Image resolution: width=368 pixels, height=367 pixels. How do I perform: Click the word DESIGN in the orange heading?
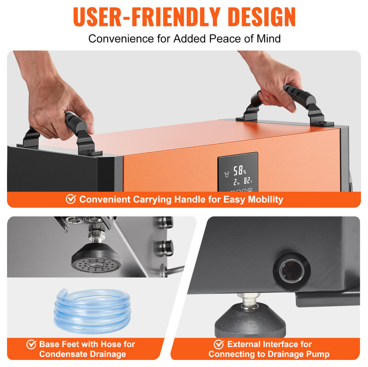click(x=261, y=17)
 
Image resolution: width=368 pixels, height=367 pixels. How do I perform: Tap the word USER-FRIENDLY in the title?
click(x=146, y=17)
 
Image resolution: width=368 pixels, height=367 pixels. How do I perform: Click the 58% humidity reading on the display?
click(x=239, y=170)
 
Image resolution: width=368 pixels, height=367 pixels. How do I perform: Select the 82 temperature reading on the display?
click(x=248, y=181)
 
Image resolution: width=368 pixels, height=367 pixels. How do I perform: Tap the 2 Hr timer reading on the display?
click(x=236, y=182)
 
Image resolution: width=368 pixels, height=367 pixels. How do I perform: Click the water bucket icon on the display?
click(x=226, y=174)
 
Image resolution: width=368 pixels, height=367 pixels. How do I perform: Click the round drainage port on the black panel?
click(x=292, y=271)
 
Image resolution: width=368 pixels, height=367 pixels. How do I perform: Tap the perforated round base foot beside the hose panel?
click(x=96, y=258)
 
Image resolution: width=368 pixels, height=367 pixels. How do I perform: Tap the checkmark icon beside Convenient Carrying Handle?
click(x=71, y=199)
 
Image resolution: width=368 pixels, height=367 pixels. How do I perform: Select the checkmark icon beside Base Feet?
click(x=31, y=344)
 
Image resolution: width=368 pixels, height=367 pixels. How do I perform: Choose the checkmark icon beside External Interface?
click(x=219, y=344)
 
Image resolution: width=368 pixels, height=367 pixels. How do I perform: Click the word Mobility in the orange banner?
click(x=265, y=200)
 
